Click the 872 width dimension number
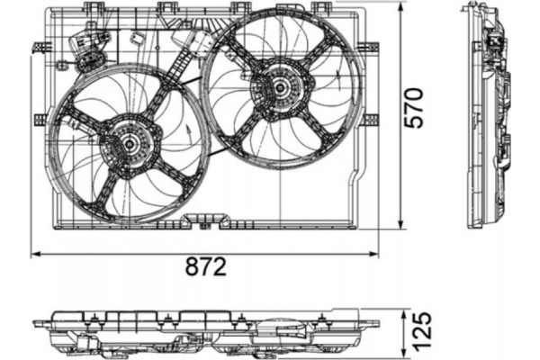pyautogui.click(x=206, y=268)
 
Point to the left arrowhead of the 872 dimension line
pyautogui.click(x=34, y=255)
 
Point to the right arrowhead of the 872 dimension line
pyautogui.click(x=375, y=255)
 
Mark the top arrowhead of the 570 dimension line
pyautogui.click(x=400, y=6)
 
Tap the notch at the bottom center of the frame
pyautogui.click(x=209, y=219)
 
